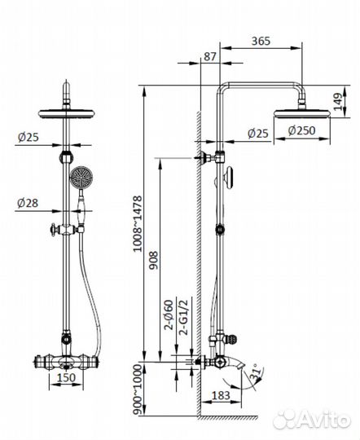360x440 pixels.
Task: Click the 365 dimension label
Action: point(261,41)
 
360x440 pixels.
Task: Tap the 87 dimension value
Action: point(210,57)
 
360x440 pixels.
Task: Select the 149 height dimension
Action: point(337,102)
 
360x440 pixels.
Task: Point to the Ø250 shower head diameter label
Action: point(301,130)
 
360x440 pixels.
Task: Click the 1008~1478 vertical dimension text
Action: point(138,224)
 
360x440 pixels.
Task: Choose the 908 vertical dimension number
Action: point(153,260)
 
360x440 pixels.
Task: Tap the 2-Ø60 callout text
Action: point(169,315)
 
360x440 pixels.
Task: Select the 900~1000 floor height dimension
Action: point(138,389)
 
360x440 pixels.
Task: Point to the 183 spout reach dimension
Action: point(221,396)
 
